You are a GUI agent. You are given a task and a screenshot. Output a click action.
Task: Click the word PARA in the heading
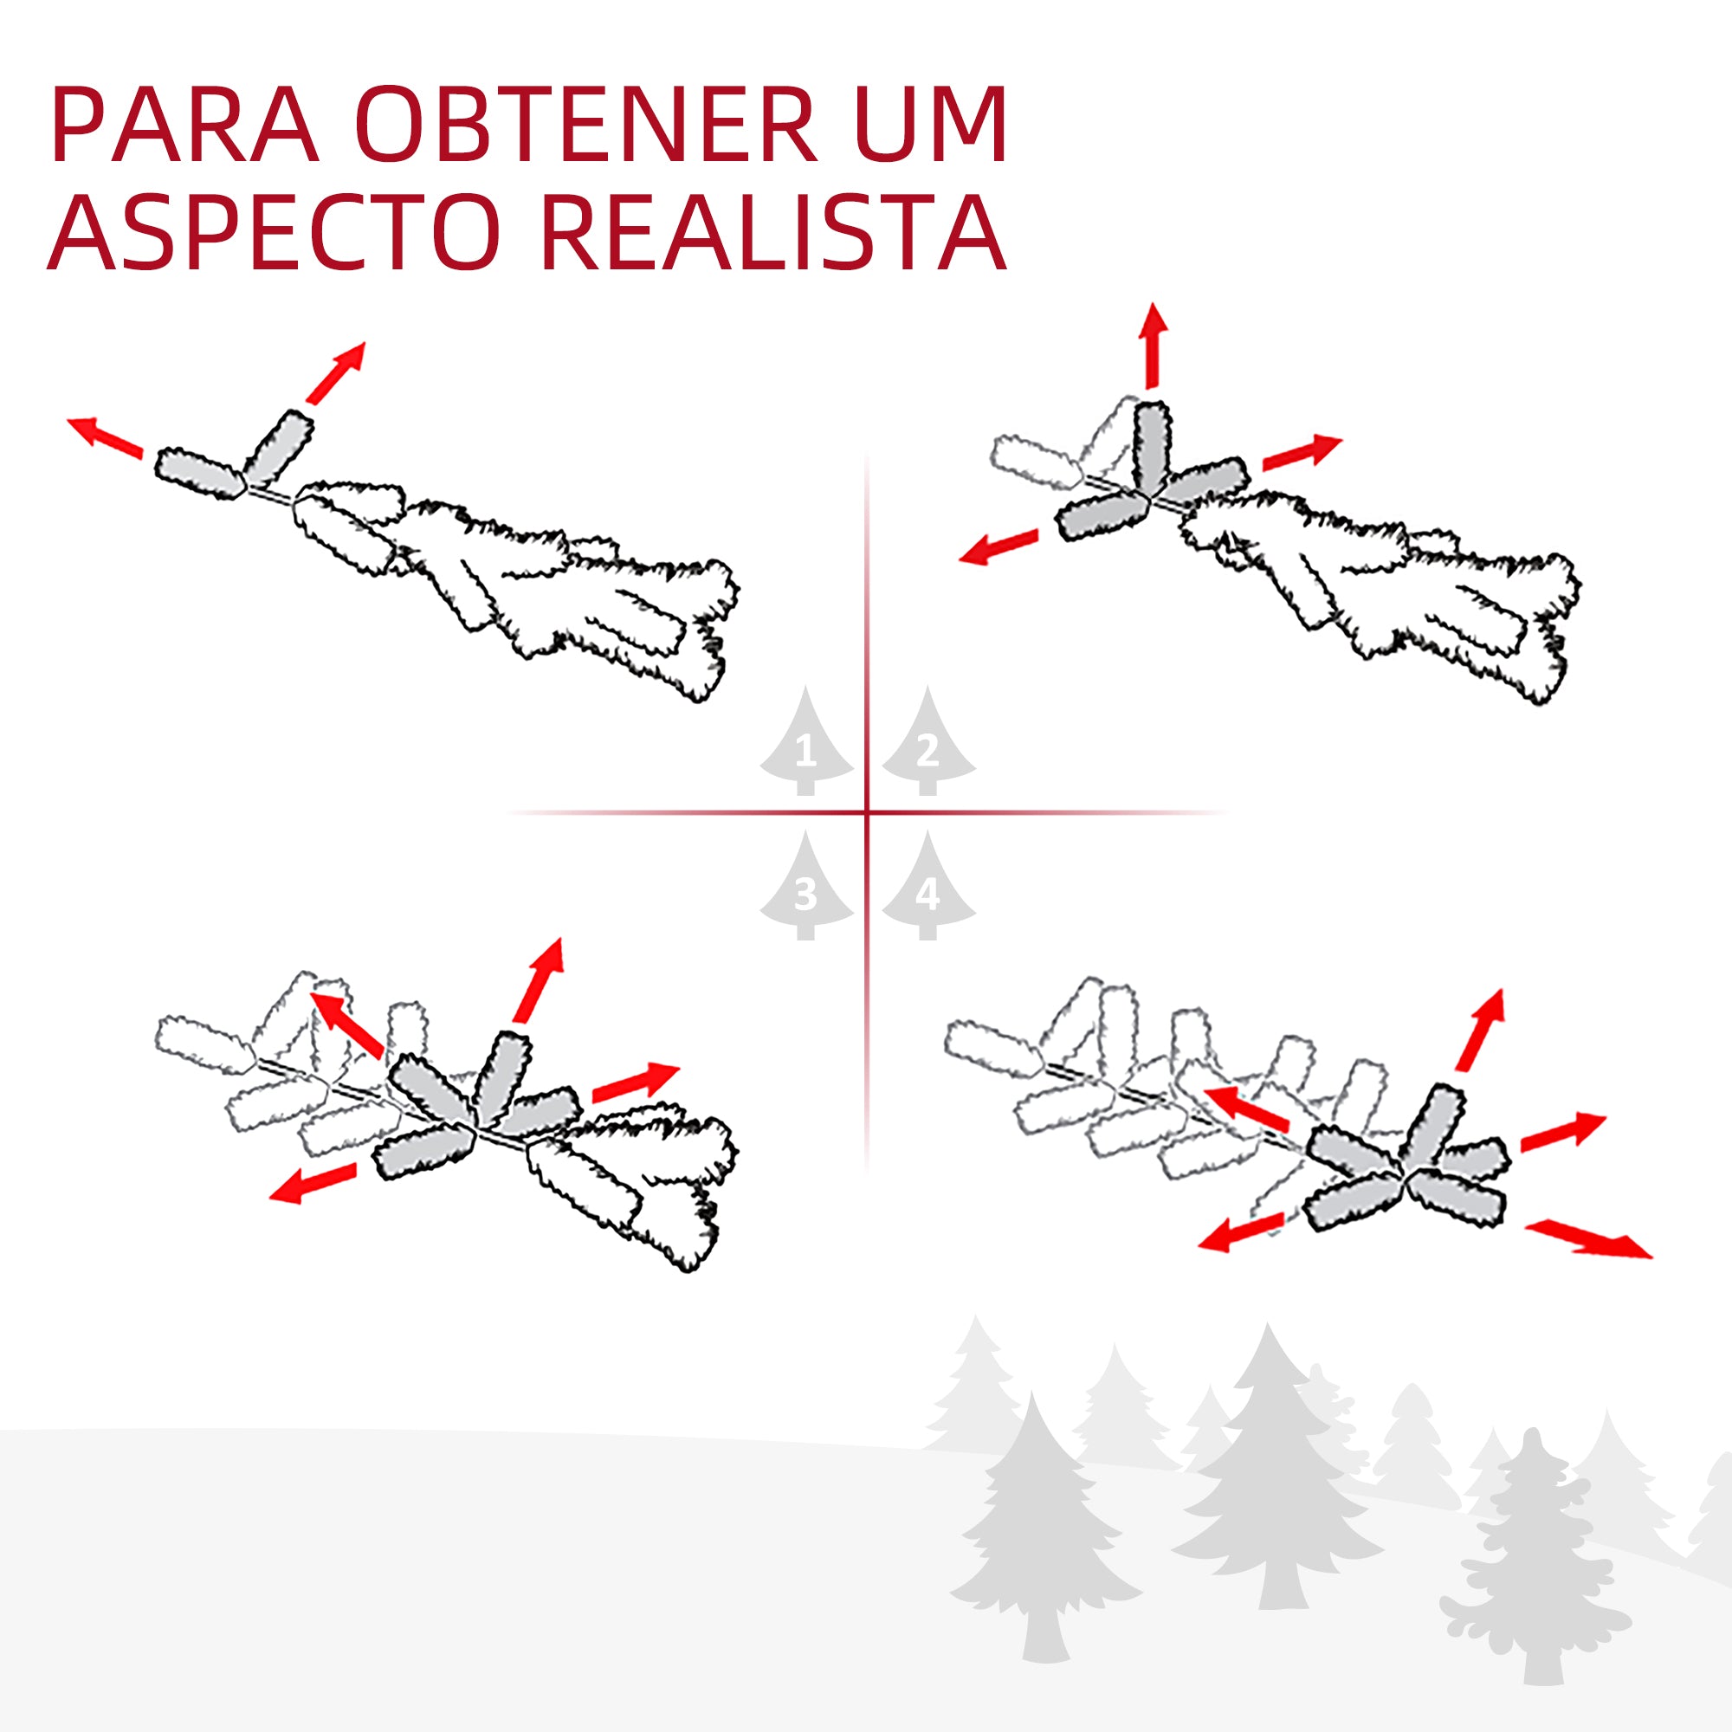(184, 126)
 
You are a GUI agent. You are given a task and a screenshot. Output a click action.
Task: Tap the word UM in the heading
(933, 126)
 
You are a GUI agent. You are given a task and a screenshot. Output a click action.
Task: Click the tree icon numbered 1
(806, 744)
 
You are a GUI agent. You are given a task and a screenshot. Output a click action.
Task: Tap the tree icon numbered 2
(927, 744)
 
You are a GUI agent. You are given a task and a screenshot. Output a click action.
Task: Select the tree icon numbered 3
(806, 889)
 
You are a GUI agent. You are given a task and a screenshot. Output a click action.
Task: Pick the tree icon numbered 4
(927, 889)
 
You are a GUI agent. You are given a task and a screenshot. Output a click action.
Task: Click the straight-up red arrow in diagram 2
(1153, 346)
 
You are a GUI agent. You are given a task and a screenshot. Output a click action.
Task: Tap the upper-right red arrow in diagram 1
(336, 372)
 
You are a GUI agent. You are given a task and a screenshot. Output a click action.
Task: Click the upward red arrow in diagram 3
(540, 979)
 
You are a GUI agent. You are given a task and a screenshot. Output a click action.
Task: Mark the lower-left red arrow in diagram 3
(313, 1184)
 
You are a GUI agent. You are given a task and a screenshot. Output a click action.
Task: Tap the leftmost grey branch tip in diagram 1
(199, 474)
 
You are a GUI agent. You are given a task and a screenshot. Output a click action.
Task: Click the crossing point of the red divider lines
(867, 812)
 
